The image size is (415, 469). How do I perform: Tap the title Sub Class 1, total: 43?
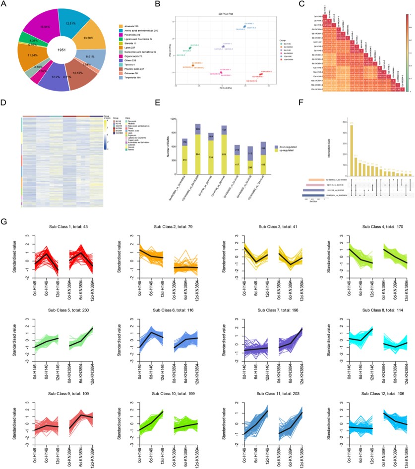(x=53, y=227)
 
